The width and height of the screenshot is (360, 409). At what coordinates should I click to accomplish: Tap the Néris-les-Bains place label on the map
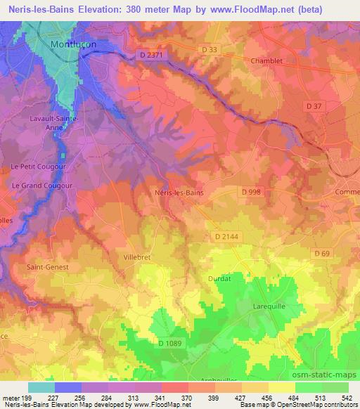click(x=179, y=190)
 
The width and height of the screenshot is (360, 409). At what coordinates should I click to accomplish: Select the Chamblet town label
click(x=266, y=60)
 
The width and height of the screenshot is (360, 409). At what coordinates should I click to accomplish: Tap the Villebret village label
click(x=139, y=248)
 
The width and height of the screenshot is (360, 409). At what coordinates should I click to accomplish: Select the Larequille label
click(x=270, y=307)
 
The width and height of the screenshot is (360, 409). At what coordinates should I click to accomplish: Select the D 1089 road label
click(x=171, y=343)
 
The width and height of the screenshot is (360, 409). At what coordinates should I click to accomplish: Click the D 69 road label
click(x=322, y=253)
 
